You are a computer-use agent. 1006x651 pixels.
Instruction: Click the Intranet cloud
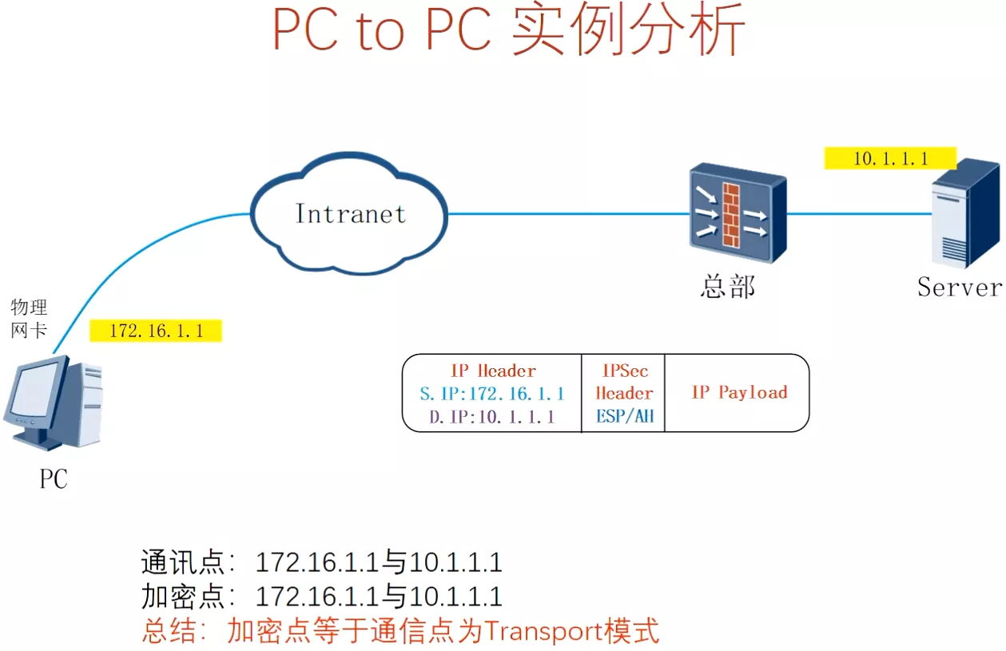coord(350,213)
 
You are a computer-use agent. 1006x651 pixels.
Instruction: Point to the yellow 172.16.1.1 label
coord(156,331)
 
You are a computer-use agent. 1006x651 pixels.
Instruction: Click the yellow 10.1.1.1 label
coord(890,158)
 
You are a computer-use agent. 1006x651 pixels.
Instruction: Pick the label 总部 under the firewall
coord(727,287)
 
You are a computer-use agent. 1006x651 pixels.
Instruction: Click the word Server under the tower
coord(959,287)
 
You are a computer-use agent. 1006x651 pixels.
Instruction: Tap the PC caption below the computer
coord(54,478)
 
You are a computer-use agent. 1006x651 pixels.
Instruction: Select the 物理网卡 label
coord(29,319)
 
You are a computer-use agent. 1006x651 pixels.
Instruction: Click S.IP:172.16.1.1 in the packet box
coord(491,394)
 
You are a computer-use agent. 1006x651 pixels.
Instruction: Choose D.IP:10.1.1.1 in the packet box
coord(491,416)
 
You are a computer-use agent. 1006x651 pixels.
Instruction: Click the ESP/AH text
coord(624,416)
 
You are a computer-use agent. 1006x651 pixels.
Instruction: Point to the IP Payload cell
coord(738,392)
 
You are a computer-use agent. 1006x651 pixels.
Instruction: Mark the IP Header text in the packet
coord(493,371)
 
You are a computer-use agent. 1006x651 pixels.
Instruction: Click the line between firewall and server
coord(859,214)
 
